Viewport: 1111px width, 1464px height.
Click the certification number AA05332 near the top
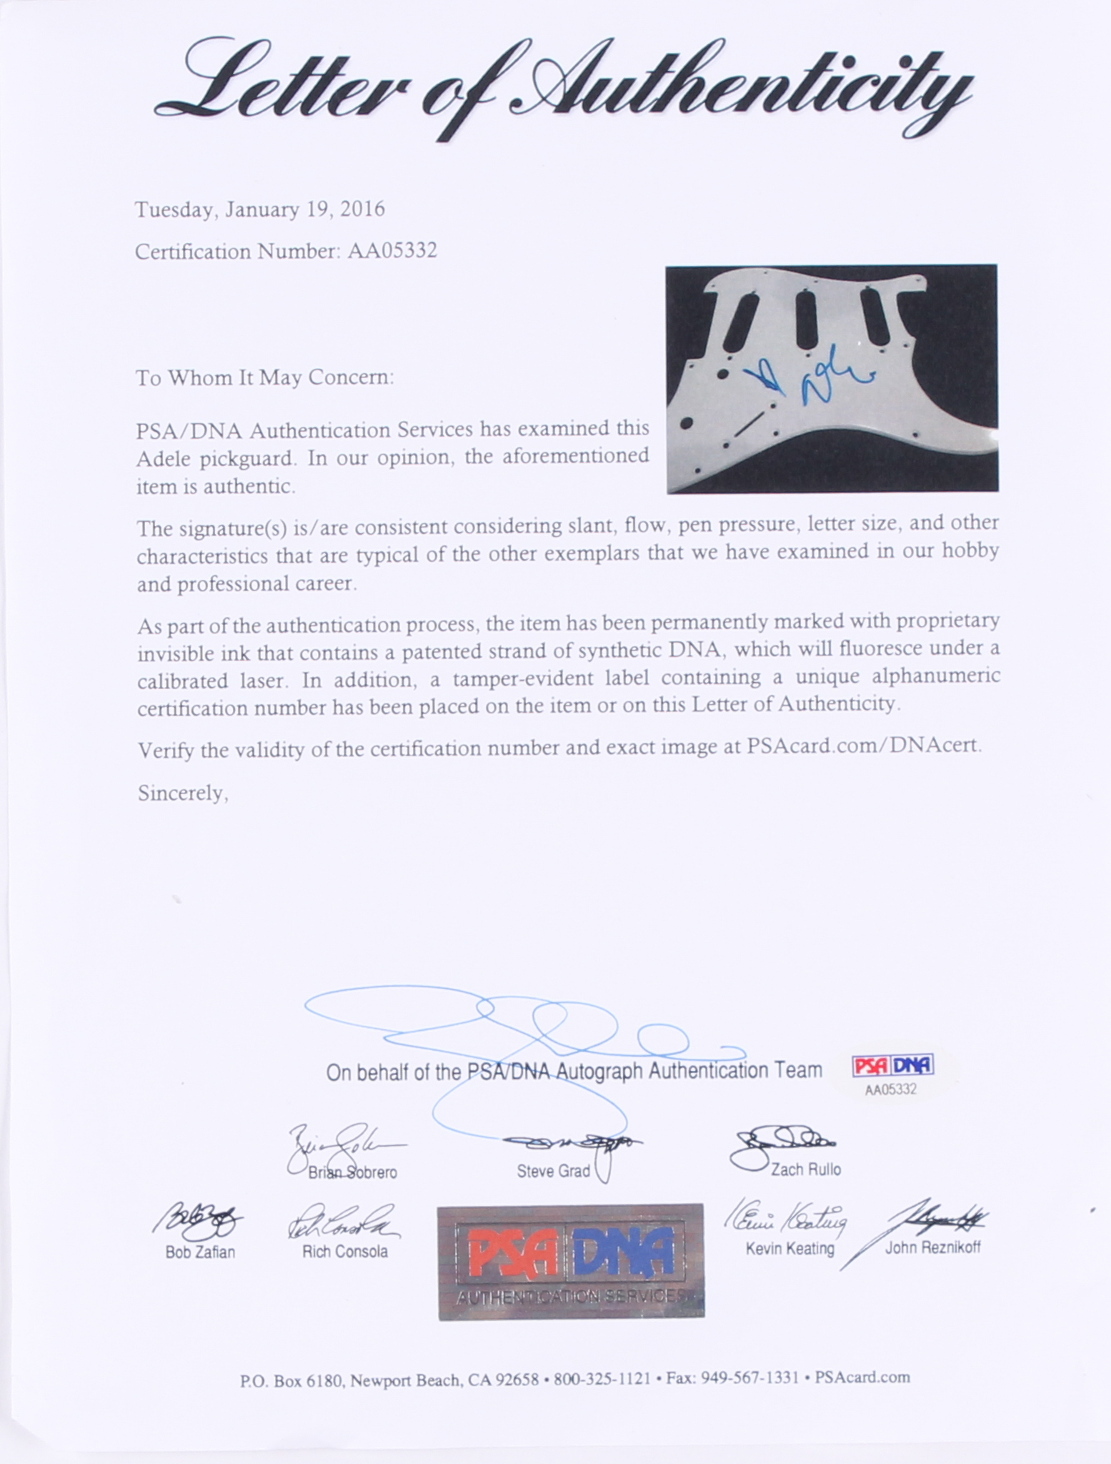(392, 252)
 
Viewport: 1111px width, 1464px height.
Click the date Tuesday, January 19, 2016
(260, 209)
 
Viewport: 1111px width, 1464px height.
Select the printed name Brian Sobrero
(352, 1173)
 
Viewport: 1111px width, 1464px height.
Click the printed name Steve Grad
(553, 1171)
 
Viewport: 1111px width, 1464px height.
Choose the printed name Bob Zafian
(200, 1252)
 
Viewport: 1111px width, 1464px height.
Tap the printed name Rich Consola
(344, 1252)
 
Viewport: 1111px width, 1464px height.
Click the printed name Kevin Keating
(789, 1249)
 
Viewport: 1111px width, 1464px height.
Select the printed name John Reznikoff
(932, 1248)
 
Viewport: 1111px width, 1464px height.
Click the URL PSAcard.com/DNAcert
(864, 746)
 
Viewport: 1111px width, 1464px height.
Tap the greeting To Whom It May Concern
(264, 377)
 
